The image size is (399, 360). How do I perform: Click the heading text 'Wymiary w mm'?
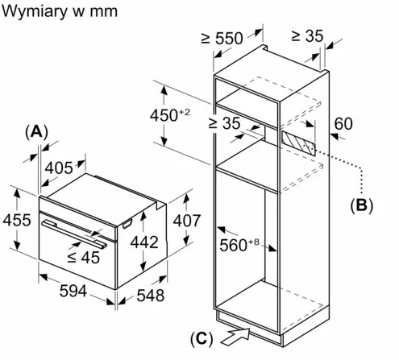(x=62, y=12)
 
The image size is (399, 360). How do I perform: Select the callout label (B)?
(x=361, y=205)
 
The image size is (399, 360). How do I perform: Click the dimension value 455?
(x=16, y=220)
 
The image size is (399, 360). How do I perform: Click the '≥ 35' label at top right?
(x=307, y=35)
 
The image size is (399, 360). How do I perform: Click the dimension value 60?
(x=343, y=123)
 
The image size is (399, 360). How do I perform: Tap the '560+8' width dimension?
(x=239, y=243)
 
